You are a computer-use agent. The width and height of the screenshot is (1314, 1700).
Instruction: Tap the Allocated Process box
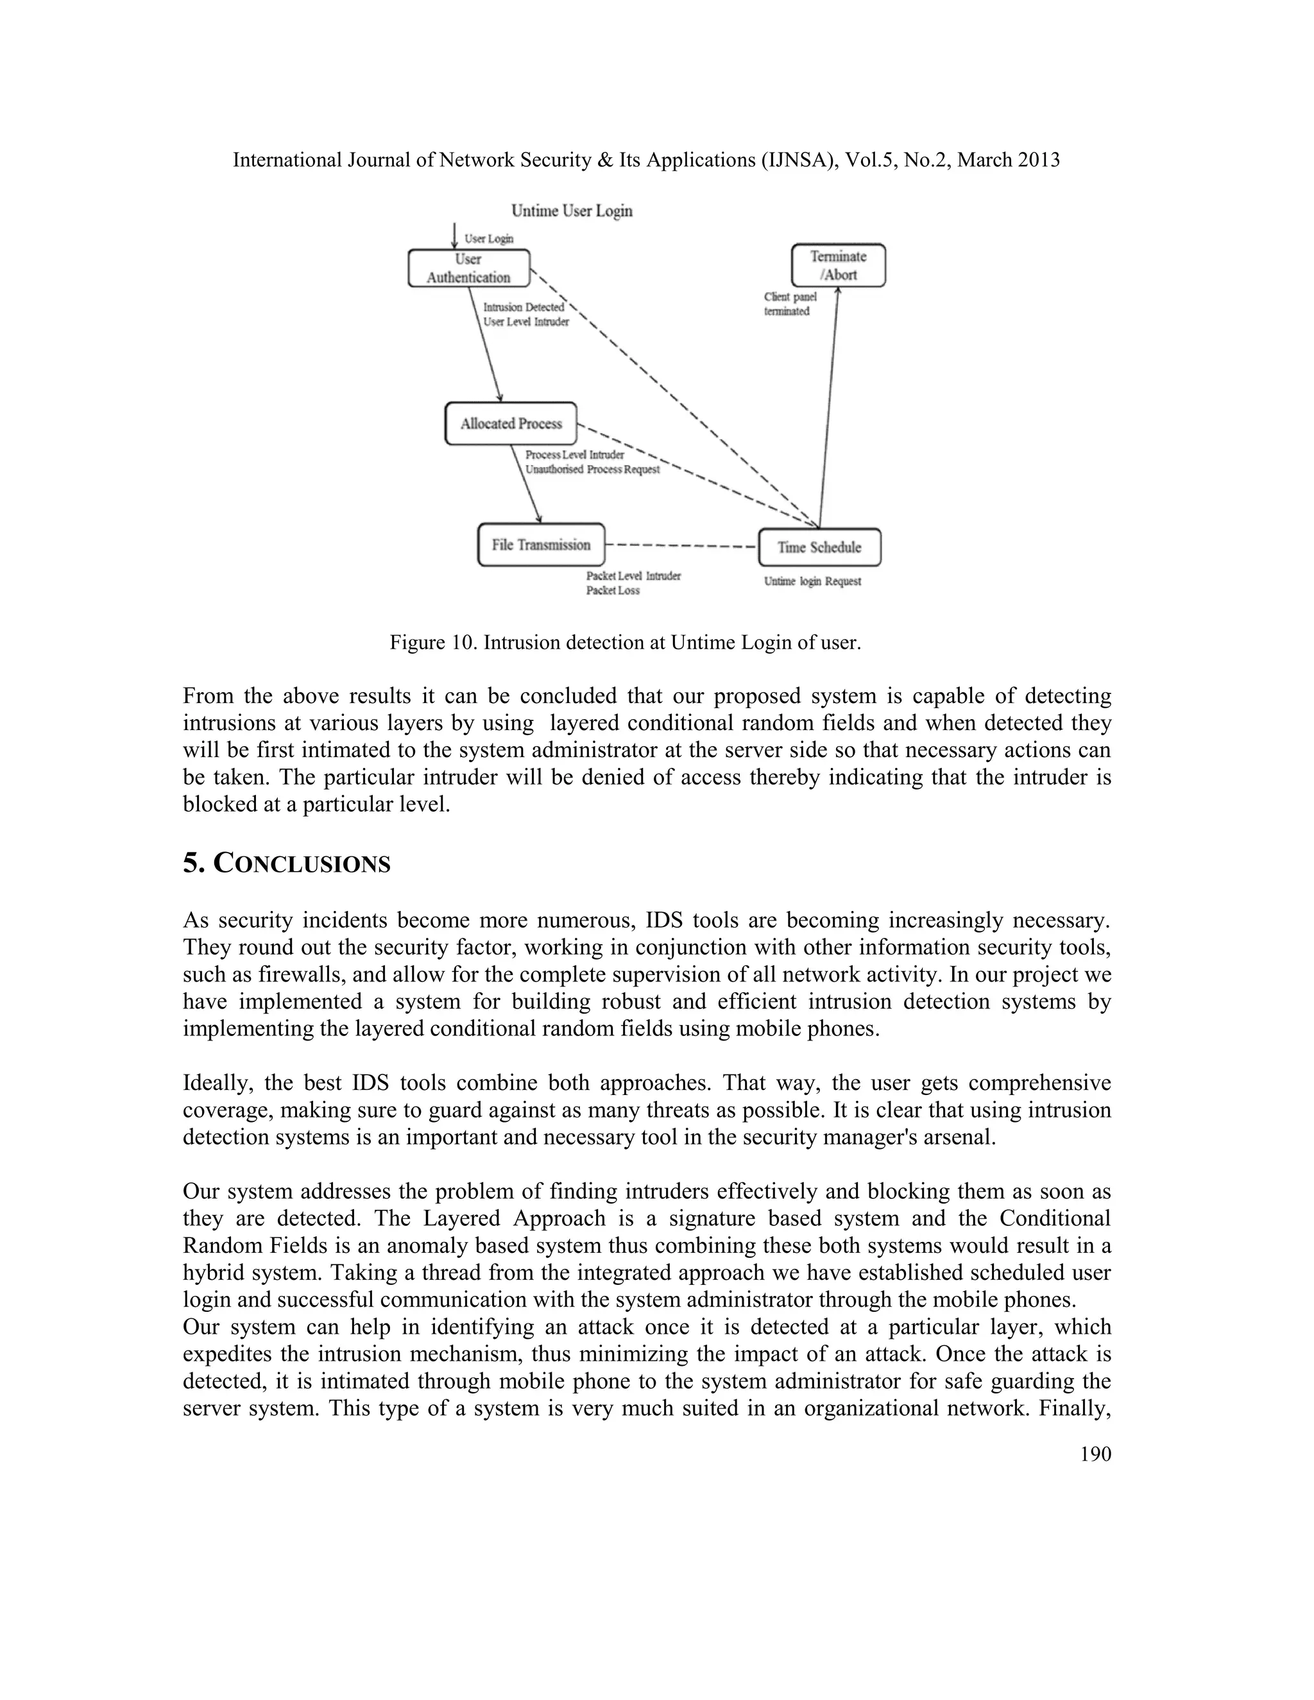[x=511, y=423]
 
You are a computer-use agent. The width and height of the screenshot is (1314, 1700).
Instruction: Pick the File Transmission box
[x=541, y=545]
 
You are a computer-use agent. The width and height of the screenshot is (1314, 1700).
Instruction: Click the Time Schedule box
[x=819, y=547]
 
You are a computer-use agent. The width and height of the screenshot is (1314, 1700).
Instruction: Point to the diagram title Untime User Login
[x=572, y=211]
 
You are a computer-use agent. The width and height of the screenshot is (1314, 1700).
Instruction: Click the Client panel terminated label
[x=789, y=304]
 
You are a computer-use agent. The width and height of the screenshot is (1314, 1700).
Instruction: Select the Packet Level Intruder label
[x=633, y=576]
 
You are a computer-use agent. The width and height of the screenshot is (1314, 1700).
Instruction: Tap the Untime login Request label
[x=812, y=581]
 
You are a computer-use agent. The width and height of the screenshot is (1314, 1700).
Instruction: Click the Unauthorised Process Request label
[x=592, y=470]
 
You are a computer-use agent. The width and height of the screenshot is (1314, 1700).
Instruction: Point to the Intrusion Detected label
[x=523, y=307]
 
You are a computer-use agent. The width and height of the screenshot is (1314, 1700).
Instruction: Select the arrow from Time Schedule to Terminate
[x=828, y=405]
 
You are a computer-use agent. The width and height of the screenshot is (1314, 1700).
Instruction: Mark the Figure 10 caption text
[x=625, y=643]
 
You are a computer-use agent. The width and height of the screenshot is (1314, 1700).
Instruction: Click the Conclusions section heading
[x=286, y=863]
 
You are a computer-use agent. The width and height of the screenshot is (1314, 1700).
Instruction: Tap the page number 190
[x=1095, y=1455]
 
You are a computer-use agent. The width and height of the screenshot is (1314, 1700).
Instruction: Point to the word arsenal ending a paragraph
[x=960, y=1137]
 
